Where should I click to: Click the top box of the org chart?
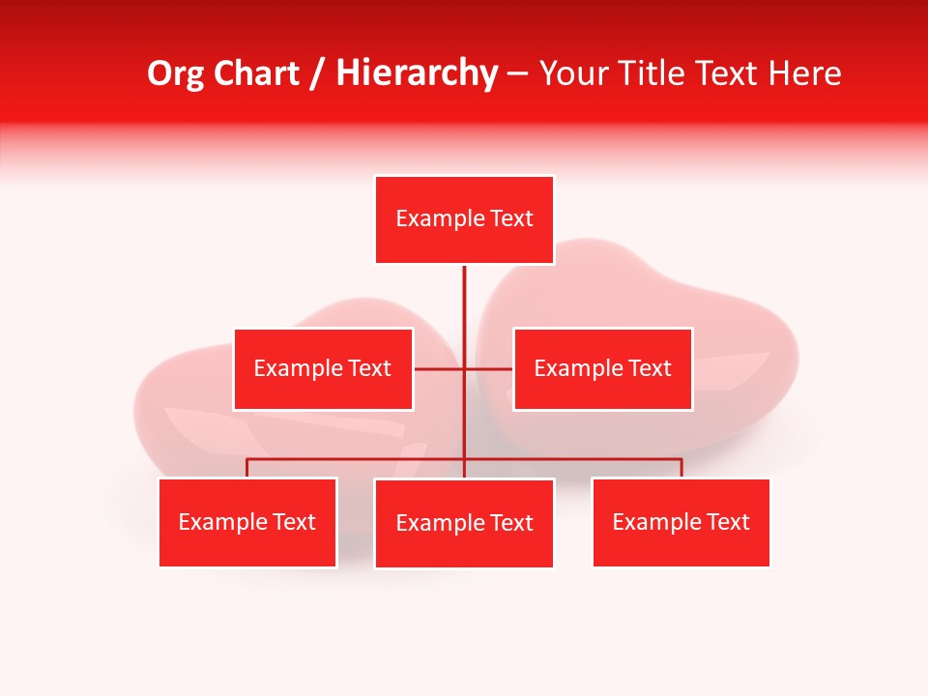click(x=464, y=219)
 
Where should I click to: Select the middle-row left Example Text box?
click(x=323, y=368)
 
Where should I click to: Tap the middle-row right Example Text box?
click(x=602, y=368)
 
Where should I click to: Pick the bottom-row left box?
click(x=247, y=522)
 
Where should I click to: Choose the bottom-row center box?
click(x=464, y=523)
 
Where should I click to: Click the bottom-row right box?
click(x=681, y=522)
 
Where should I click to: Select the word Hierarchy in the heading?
click(x=417, y=73)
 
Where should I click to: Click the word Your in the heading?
click(x=573, y=73)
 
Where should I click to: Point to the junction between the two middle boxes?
click(x=464, y=368)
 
